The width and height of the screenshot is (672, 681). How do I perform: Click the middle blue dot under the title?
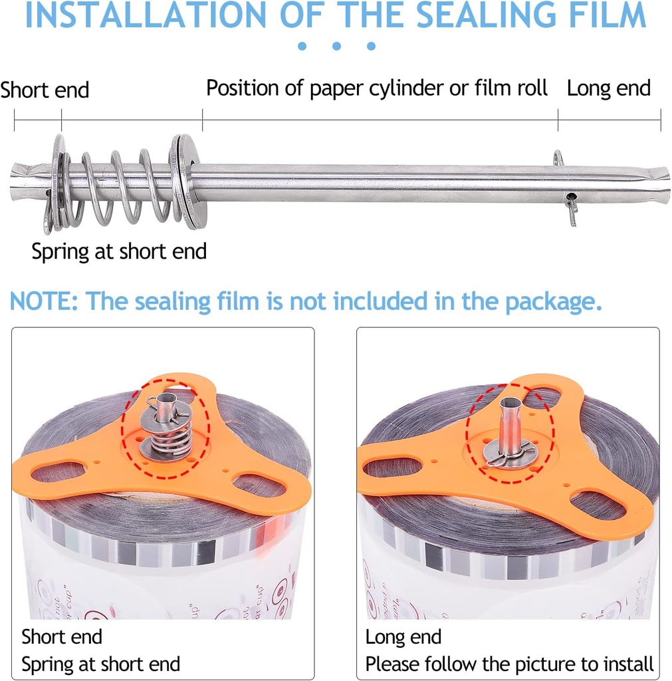pyautogui.click(x=337, y=46)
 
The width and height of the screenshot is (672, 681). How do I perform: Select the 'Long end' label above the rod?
pyautogui.click(x=608, y=88)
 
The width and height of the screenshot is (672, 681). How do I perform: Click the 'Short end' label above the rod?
pyautogui.click(x=45, y=90)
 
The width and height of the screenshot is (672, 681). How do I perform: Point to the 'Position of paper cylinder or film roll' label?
pyautogui.click(x=377, y=88)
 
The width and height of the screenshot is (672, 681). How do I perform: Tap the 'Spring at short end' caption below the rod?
pyautogui.click(x=119, y=251)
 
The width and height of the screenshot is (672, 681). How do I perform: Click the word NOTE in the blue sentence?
pyautogui.click(x=41, y=301)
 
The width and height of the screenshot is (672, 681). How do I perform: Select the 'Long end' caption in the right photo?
pyautogui.click(x=403, y=637)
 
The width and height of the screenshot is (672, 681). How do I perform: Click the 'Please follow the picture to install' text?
pyautogui.click(x=509, y=664)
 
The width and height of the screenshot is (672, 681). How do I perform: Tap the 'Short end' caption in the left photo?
pyautogui.click(x=62, y=637)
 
